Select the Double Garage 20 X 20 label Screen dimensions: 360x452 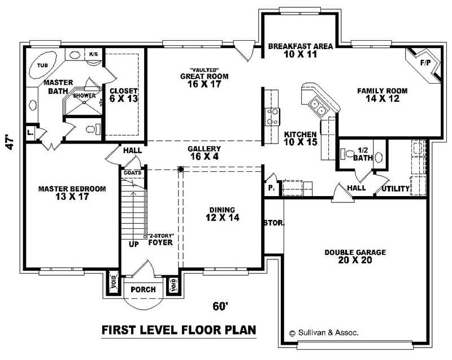pos(355,257)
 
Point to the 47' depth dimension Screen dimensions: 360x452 pos(9,141)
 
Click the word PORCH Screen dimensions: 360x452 pos(143,290)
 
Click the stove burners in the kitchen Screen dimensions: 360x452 pos(272,116)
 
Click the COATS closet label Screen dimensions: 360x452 pos(133,172)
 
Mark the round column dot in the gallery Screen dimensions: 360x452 pos(181,169)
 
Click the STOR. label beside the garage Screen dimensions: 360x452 pos(274,223)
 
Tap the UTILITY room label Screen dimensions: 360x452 pos(396,188)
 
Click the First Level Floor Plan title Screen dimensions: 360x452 pos(179,329)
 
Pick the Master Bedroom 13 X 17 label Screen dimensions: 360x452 pos(72,193)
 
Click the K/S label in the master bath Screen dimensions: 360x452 pos(93,54)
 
